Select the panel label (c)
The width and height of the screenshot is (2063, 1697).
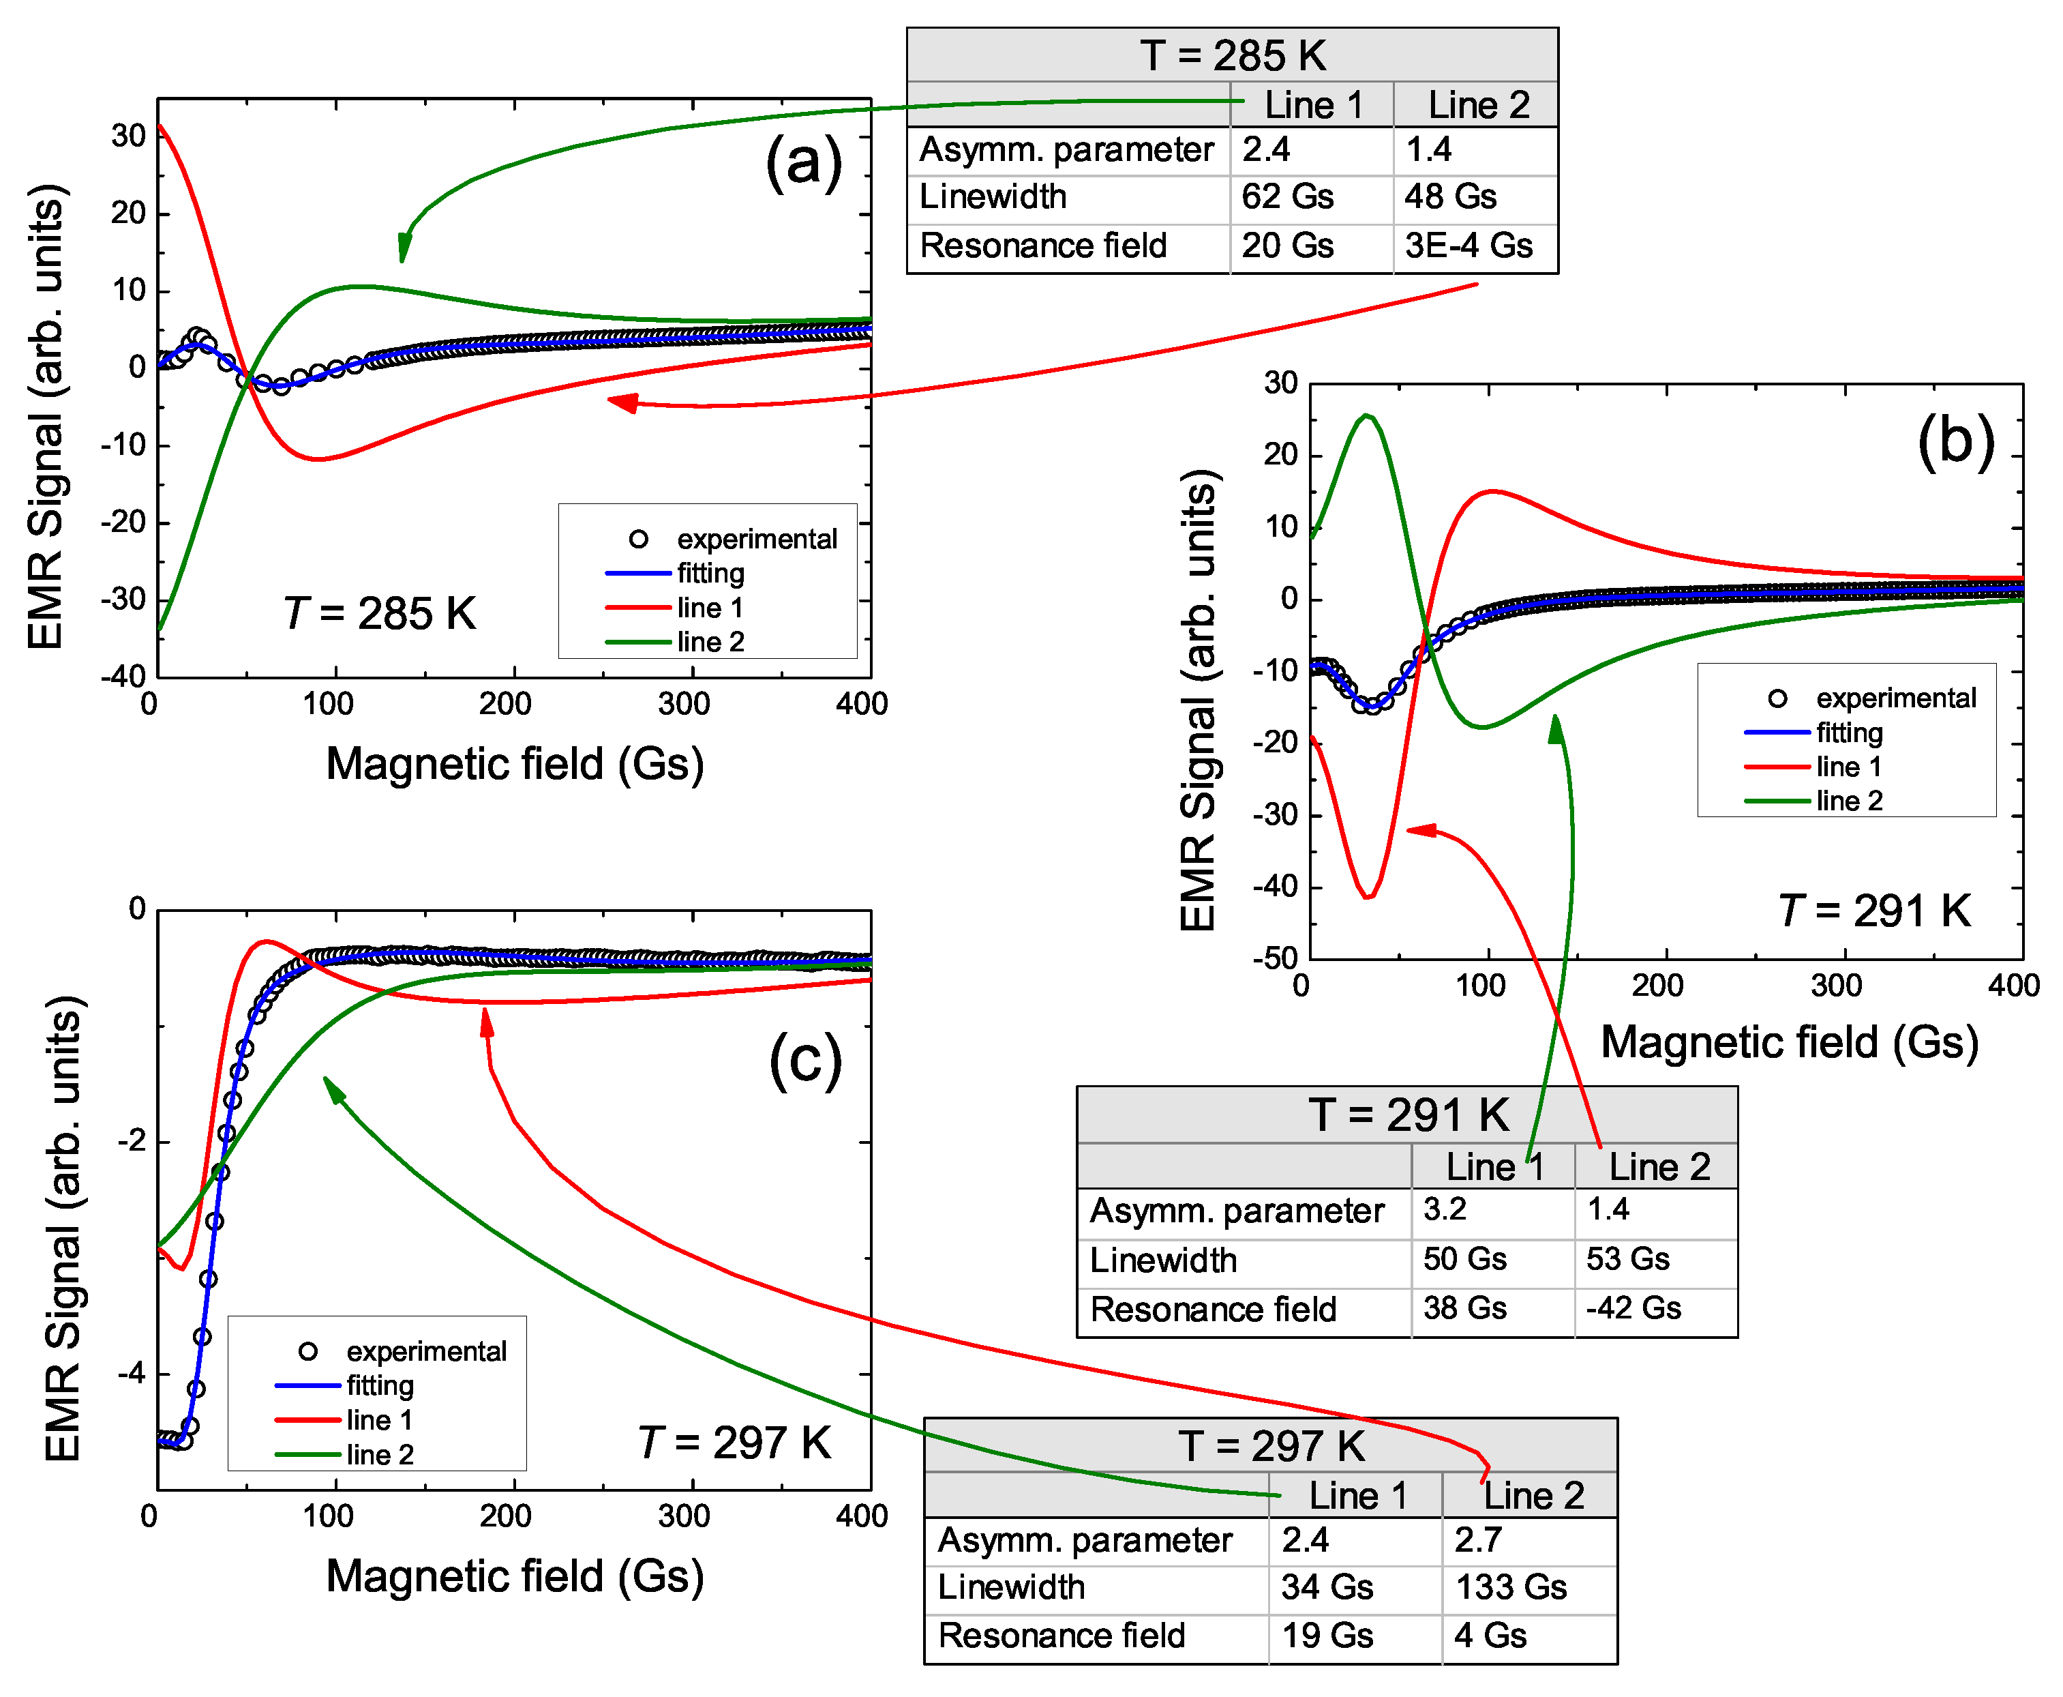[804, 1061]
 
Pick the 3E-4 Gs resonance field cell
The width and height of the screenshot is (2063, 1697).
[1468, 246]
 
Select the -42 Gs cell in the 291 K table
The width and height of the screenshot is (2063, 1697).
[1633, 1308]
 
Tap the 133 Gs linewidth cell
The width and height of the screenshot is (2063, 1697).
[1511, 1587]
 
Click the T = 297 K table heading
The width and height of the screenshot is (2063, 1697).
[1270, 1446]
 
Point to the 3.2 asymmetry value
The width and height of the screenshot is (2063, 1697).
[1445, 1209]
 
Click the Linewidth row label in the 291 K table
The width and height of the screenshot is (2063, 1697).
[1163, 1260]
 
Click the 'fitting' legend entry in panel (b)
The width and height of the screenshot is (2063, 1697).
[1849, 732]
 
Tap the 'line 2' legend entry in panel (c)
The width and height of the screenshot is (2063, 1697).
[379, 1455]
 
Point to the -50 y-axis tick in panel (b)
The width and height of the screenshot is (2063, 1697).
[1276, 958]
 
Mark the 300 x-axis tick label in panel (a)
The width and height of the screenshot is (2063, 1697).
[683, 704]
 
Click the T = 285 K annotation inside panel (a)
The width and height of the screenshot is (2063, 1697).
[379, 614]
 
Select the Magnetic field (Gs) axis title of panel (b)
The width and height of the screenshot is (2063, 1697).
[1788, 1042]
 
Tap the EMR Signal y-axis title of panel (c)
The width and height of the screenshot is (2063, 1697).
[63, 1229]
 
